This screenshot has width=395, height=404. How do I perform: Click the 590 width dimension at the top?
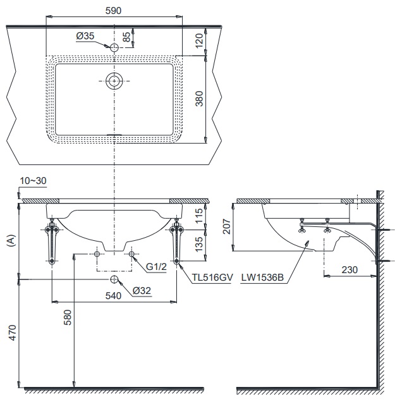[114, 11]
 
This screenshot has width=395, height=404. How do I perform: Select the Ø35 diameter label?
[85, 37]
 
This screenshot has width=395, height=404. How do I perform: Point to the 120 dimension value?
[199, 41]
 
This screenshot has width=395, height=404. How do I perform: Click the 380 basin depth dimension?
[199, 99]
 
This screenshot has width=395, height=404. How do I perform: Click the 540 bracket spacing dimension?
[114, 295]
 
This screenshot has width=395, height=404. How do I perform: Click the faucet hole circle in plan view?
[114, 48]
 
